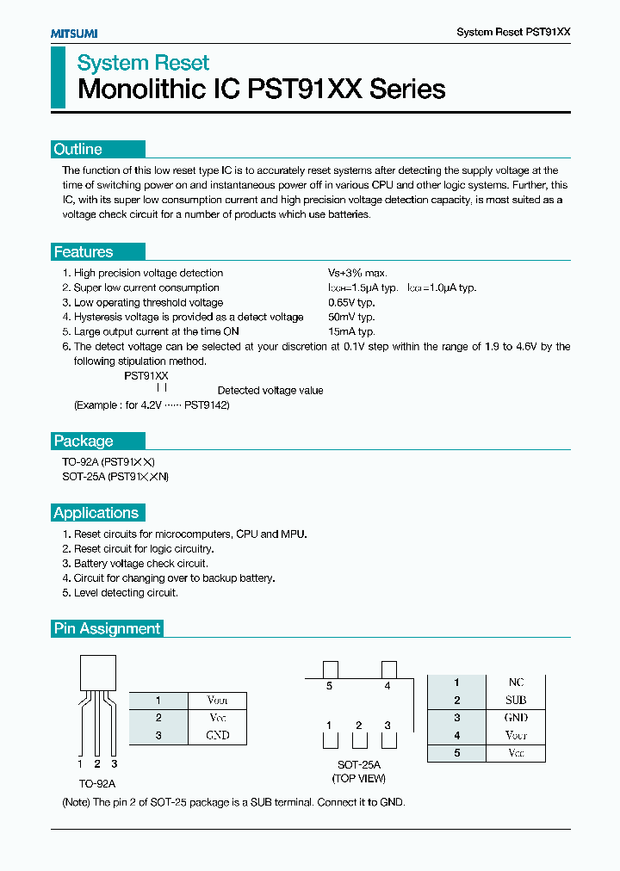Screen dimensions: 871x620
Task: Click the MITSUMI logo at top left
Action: point(73,33)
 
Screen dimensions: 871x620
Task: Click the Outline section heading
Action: point(78,149)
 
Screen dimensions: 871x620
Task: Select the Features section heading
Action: point(84,252)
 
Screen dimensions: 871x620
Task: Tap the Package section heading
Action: point(84,441)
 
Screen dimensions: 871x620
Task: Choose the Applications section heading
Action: point(96,513)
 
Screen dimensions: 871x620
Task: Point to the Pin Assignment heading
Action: point(107,628)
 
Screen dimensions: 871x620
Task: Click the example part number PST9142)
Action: point(208,405)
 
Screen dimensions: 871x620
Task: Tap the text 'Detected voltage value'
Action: point(270,390)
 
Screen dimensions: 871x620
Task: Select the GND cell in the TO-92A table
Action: point(218,735)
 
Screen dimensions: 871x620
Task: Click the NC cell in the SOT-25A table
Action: point(516,683)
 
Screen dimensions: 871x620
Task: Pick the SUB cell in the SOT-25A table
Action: point(516,700)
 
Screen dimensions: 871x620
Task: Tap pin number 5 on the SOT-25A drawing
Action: point(329,686)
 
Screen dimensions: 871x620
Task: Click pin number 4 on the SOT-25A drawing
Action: point(387,686)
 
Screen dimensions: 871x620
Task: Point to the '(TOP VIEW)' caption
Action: point(359,779)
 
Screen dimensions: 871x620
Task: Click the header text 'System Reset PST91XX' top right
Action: point(513,32)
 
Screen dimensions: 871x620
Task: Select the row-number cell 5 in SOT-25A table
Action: point(457,753)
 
